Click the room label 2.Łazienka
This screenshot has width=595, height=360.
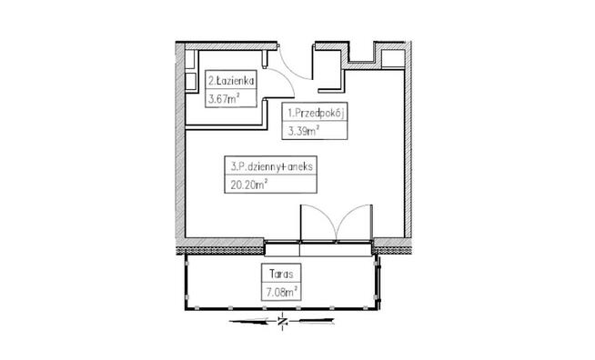(231, 81)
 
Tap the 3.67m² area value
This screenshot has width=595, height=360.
(224, 99)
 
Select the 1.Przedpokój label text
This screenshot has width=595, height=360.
(316, 113)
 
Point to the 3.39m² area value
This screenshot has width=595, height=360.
(303, 131)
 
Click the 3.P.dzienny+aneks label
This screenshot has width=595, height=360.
(272, 166)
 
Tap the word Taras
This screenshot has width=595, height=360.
(281, 274)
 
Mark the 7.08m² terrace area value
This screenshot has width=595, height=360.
(281, 293)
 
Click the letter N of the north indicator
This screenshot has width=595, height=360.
(282, 322)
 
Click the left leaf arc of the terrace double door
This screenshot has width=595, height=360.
(326, 215)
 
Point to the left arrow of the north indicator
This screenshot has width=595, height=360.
(253, 321)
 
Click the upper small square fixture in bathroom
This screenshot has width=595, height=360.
(190, 59)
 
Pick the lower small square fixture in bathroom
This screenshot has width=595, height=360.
(190, 82)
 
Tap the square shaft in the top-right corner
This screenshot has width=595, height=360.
(393, 59)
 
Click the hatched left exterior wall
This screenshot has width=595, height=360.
(180, 140)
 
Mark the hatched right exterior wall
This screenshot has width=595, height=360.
(408, 140)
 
